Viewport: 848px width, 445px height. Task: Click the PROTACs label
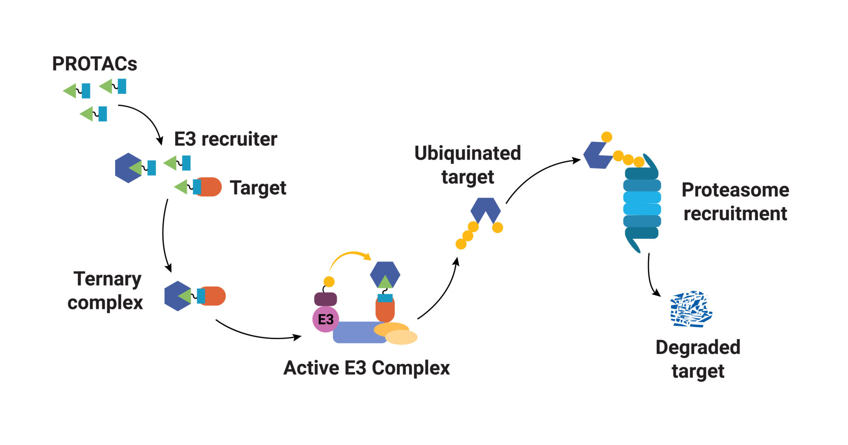click(x=94, y=64)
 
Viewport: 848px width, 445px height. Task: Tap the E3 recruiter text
click(x=225, y=139)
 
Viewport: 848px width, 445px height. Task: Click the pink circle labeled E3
click(x=325, y=319)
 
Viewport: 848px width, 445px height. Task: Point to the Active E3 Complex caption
click(x=366, y=368)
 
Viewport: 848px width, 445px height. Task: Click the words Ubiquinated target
click(x=467, y=165)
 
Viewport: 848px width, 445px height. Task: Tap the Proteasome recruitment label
click(x=735, y=202)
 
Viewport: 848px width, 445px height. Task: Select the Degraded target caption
click(x=698, y=359)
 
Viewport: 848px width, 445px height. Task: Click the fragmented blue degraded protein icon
click(x=691, y=309)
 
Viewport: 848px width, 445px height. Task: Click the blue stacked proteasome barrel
click(x=642, y=203)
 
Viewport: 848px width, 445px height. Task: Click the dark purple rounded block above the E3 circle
click(x=325, y=299)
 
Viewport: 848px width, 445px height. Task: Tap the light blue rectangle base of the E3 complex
click(x=356, y=333)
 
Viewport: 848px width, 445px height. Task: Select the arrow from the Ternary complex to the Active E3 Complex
click(x=257, y=334)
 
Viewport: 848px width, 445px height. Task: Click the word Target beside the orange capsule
click(x=258, y=188)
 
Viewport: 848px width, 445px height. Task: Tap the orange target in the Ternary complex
click(x=215, y=296)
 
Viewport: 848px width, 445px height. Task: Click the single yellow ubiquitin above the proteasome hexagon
click(x=607, y=137)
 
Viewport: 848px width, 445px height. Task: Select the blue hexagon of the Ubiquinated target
click(x=485, y=207)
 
